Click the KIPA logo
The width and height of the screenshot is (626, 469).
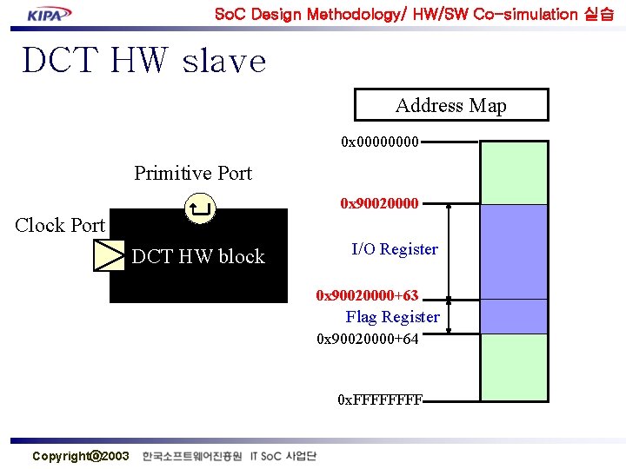[50, 14]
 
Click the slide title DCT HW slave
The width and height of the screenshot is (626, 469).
[143, 61]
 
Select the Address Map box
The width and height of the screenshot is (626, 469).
[451, 105]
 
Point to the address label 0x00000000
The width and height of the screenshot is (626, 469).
[381, 141]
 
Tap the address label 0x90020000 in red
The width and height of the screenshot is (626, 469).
[379, 203]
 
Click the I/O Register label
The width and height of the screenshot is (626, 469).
[394, 249]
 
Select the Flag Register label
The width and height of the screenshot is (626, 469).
[392, 317]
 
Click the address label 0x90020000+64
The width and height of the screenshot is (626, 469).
[367, 339]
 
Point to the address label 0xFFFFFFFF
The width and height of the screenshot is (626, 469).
[380, 400]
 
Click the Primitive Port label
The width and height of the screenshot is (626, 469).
[192, 173]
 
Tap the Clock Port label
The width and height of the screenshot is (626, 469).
[60, 225]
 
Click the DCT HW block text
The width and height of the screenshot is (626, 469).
[197, 256]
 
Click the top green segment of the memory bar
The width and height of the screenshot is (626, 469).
[514, 172]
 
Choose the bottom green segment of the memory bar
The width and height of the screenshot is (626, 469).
[514, 367]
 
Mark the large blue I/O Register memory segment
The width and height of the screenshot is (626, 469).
[514, 252]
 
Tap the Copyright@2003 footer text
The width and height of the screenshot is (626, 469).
[80, 456]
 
